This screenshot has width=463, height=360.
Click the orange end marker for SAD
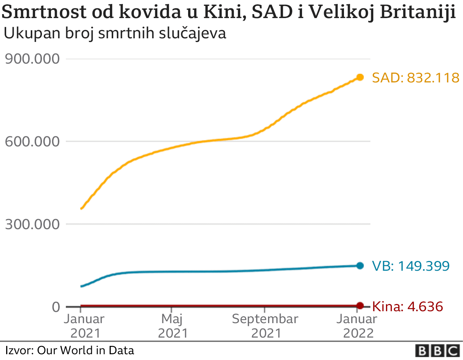(360, 77)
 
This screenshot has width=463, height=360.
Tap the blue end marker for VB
(360, 266)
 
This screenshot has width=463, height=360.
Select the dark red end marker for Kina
(360, 305)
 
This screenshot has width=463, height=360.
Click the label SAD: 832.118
(416, 78)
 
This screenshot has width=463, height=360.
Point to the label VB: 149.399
(411, 266)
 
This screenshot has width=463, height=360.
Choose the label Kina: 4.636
(407, 307)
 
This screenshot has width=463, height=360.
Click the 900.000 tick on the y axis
(32, 59)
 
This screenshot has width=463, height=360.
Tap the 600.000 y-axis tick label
(32, 141)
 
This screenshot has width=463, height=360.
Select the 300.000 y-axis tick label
(32, 224)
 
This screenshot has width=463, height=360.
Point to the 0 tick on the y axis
(56, 307)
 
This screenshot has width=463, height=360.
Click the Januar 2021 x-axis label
(85, 326)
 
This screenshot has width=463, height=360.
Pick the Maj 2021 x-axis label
(173, 326)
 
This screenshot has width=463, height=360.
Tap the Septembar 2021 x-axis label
(265, 326)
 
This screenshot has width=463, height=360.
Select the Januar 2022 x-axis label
(357, 326)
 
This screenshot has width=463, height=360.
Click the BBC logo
(437, 351)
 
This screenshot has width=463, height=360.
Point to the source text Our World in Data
(85, 350)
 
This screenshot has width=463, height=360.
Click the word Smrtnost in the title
(44, 12)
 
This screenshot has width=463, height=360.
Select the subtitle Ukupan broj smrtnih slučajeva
(115, 33)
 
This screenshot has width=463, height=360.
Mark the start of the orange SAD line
(81, 209)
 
